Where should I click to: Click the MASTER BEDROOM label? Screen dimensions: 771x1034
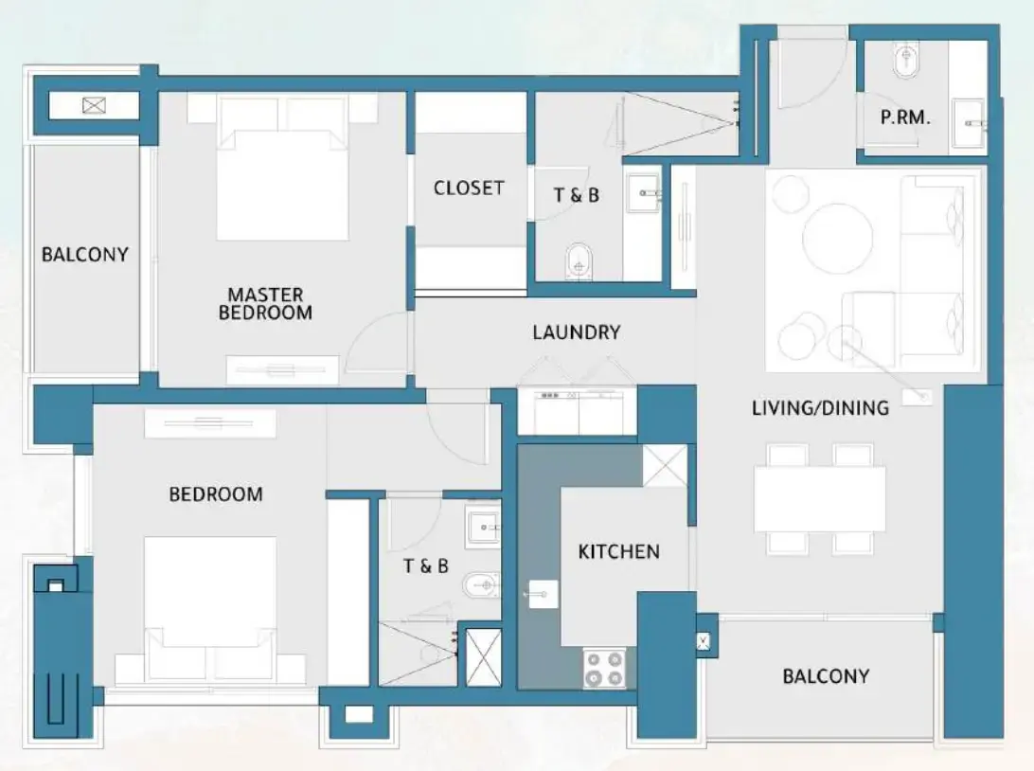[265, 303]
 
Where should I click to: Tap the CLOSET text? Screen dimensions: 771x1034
[469, 188]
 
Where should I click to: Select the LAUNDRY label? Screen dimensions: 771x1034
[576, 332]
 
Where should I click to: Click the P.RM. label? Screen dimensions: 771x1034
[905, 118]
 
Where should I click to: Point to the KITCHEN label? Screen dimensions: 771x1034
[618, 551]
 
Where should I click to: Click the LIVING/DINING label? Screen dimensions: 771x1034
[820, 408]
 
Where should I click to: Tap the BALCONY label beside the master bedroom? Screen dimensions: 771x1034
[84, 255]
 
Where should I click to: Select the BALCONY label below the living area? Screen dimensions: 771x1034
[826, 676]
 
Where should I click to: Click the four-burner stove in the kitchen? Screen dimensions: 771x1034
[604, 668]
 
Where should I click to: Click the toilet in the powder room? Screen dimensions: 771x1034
[906, 63]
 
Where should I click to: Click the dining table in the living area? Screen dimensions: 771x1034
[819, 499]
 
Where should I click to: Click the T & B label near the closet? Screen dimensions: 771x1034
[576, 195]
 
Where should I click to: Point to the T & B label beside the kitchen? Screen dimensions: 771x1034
[425, 566]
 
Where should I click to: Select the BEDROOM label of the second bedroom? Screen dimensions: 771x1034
[216, 494]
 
